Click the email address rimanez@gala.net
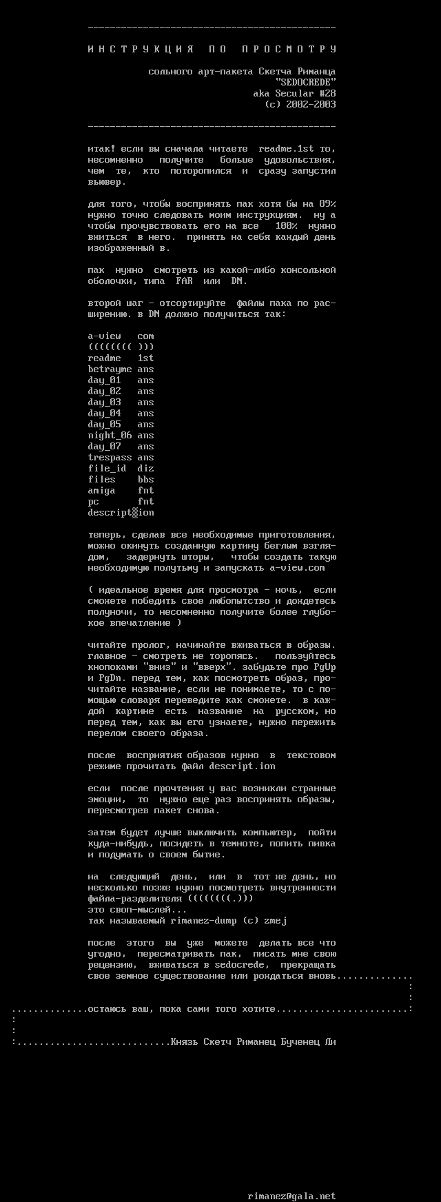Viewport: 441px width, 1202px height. coord(291,1196)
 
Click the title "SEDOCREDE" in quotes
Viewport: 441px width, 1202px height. coord(305,83)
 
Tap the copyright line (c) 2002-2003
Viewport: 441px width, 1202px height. coord(300,105)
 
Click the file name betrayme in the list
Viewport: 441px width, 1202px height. coord(110,369)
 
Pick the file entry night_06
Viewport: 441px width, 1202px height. coord(110,436)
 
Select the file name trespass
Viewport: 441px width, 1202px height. coord(110,458)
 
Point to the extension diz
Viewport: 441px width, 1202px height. coord(145,469)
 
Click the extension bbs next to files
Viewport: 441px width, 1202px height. coord(145,480)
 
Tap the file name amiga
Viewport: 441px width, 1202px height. coord(101,491)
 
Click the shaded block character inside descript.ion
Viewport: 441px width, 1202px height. coord(135,513)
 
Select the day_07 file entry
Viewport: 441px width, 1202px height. coord(104,447)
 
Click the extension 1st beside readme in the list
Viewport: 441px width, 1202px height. coord(145,358)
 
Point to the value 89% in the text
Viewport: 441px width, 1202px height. coord(327,204)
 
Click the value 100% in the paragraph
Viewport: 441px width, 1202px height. coord(286,226)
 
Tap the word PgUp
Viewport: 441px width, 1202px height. coord(325,667)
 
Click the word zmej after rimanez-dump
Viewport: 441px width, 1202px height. coord(276,921)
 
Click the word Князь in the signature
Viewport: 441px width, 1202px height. coord(184,1042)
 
